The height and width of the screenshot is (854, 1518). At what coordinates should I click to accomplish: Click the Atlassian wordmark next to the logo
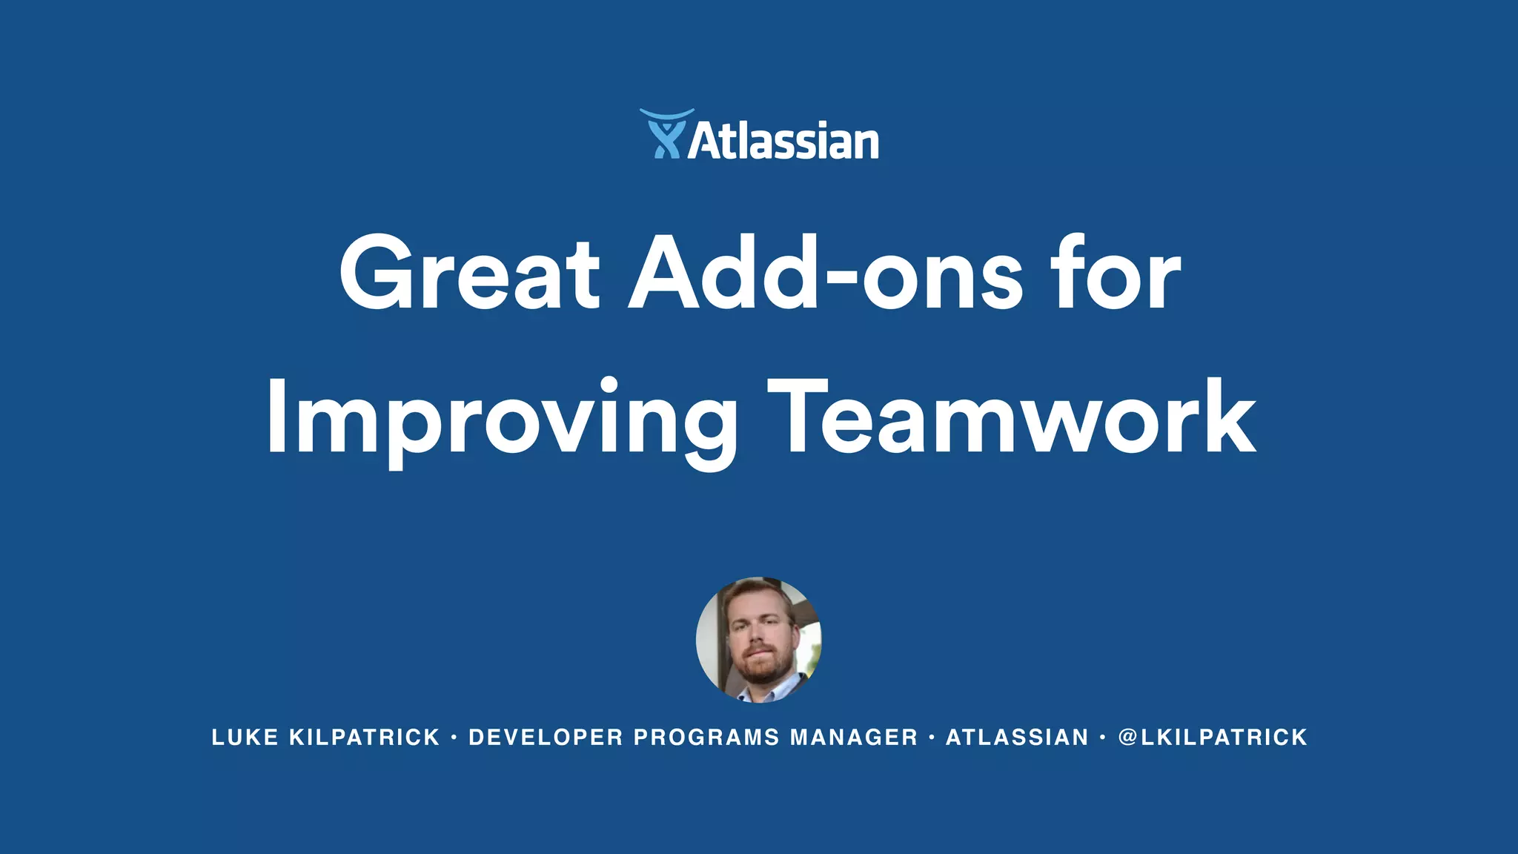pos(783,141)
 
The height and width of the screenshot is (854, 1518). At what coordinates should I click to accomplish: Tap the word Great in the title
pos(469,274)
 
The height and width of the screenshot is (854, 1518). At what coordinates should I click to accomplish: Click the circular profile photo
pos(758,639)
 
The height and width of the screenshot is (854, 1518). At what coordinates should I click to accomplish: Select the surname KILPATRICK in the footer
pos(365,738)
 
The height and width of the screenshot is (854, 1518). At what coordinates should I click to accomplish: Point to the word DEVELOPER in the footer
pos(546,738)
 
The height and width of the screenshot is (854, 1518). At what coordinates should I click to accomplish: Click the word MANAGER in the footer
pos(854,738)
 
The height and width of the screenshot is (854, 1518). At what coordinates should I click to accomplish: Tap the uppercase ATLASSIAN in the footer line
pos(1017,738)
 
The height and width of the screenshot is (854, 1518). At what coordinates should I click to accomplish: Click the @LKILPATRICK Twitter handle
pos(1213,738)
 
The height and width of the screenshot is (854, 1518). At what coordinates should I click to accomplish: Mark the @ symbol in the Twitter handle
pos(1127,738)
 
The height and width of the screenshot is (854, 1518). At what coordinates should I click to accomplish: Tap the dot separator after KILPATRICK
pos(454,738)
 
